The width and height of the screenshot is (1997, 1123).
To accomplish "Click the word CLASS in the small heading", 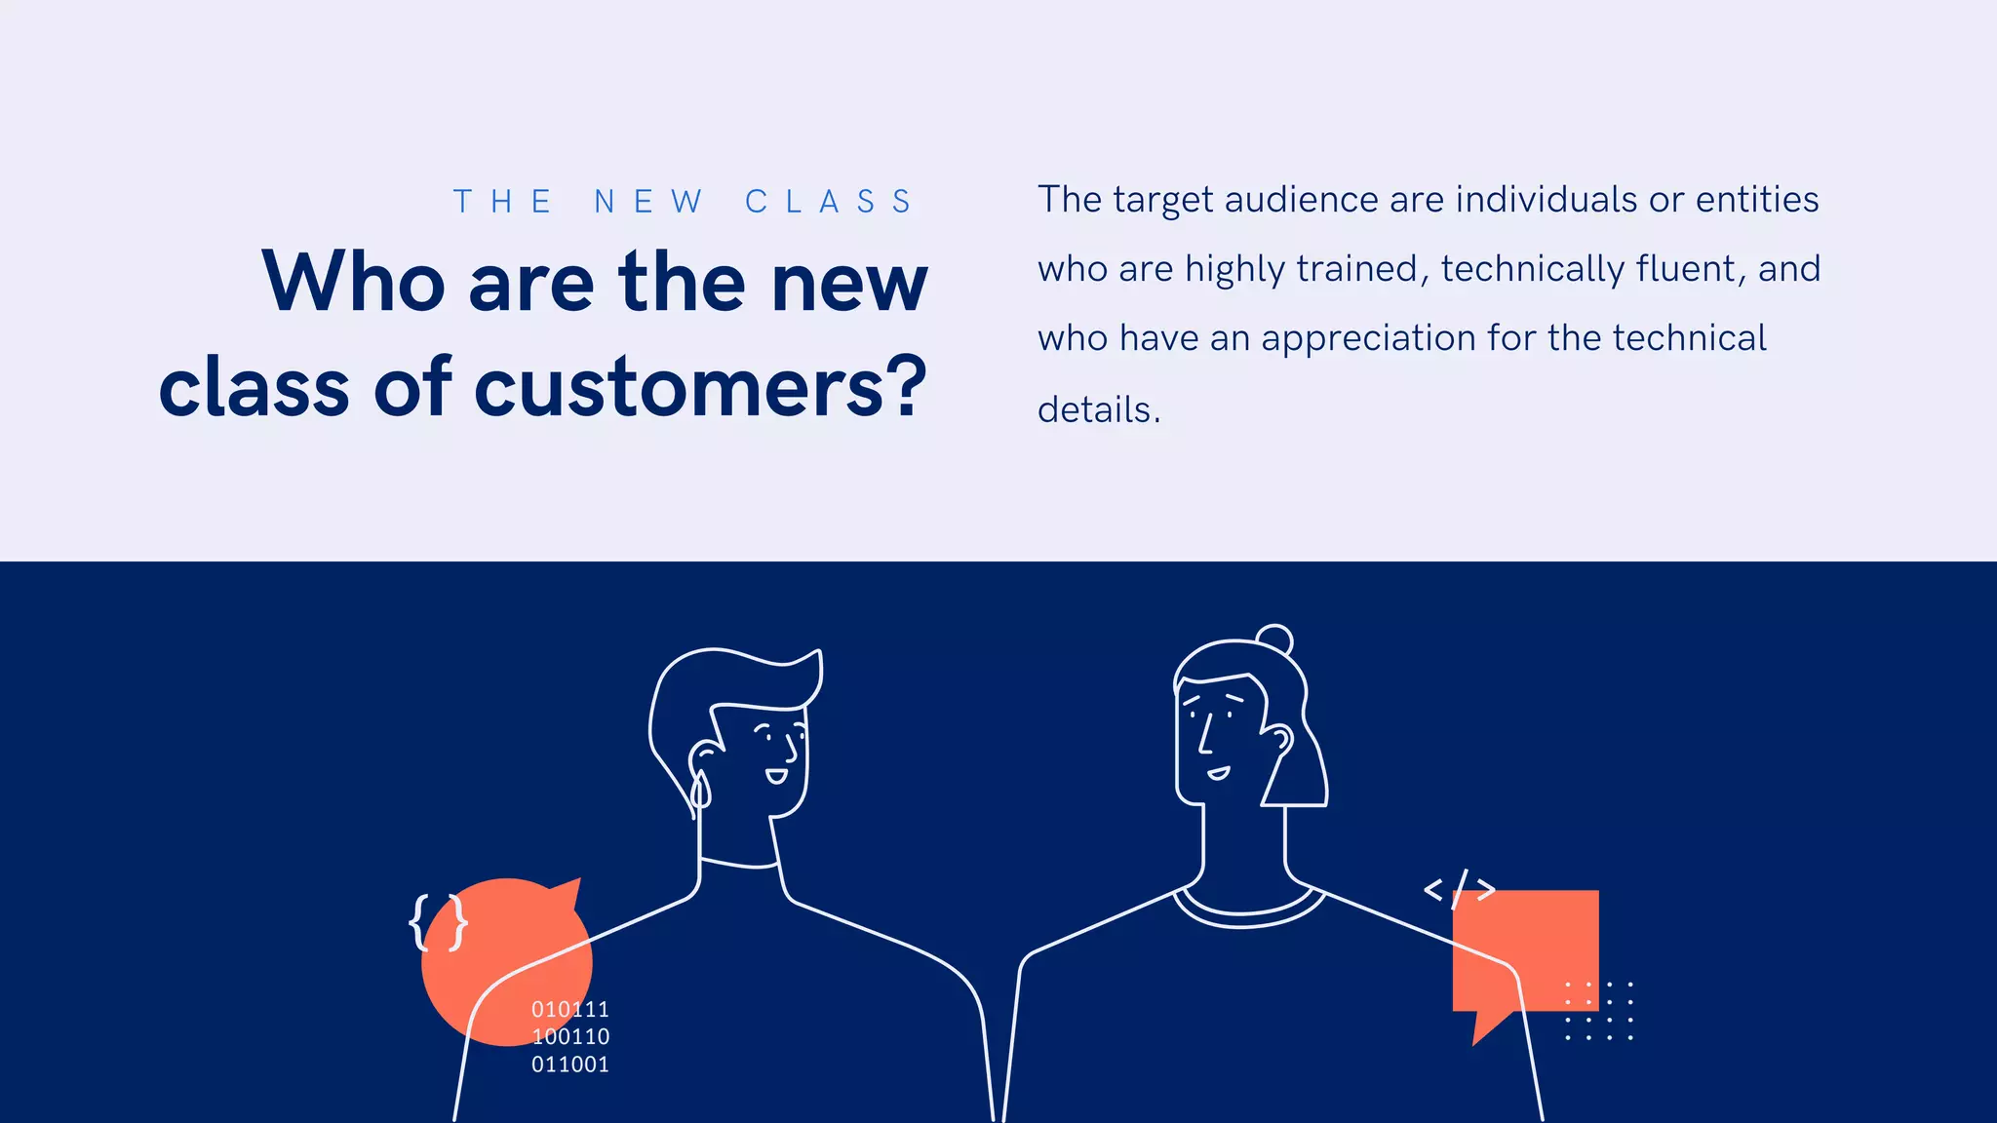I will point(829,202).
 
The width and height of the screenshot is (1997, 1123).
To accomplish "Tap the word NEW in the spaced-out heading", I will point(648,202).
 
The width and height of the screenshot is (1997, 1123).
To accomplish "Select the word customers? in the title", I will point(700,388).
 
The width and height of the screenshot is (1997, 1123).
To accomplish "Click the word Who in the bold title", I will point(354,282).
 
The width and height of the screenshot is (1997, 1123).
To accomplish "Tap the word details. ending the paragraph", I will point(1099,409).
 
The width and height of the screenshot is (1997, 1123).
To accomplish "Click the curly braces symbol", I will point(439,921).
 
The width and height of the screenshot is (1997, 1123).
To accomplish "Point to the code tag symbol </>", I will point(1460,889).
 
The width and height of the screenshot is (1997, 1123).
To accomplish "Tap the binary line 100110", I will point(570,1036).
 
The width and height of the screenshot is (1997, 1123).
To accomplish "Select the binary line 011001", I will point(570,1065).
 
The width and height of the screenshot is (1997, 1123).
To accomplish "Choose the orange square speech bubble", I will point(1526,950).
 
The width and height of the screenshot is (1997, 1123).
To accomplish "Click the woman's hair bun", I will point(1274,639).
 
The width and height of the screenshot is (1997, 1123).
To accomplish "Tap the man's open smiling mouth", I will point(776,776).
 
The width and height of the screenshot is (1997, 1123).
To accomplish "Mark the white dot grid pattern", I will point(1598,1011).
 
